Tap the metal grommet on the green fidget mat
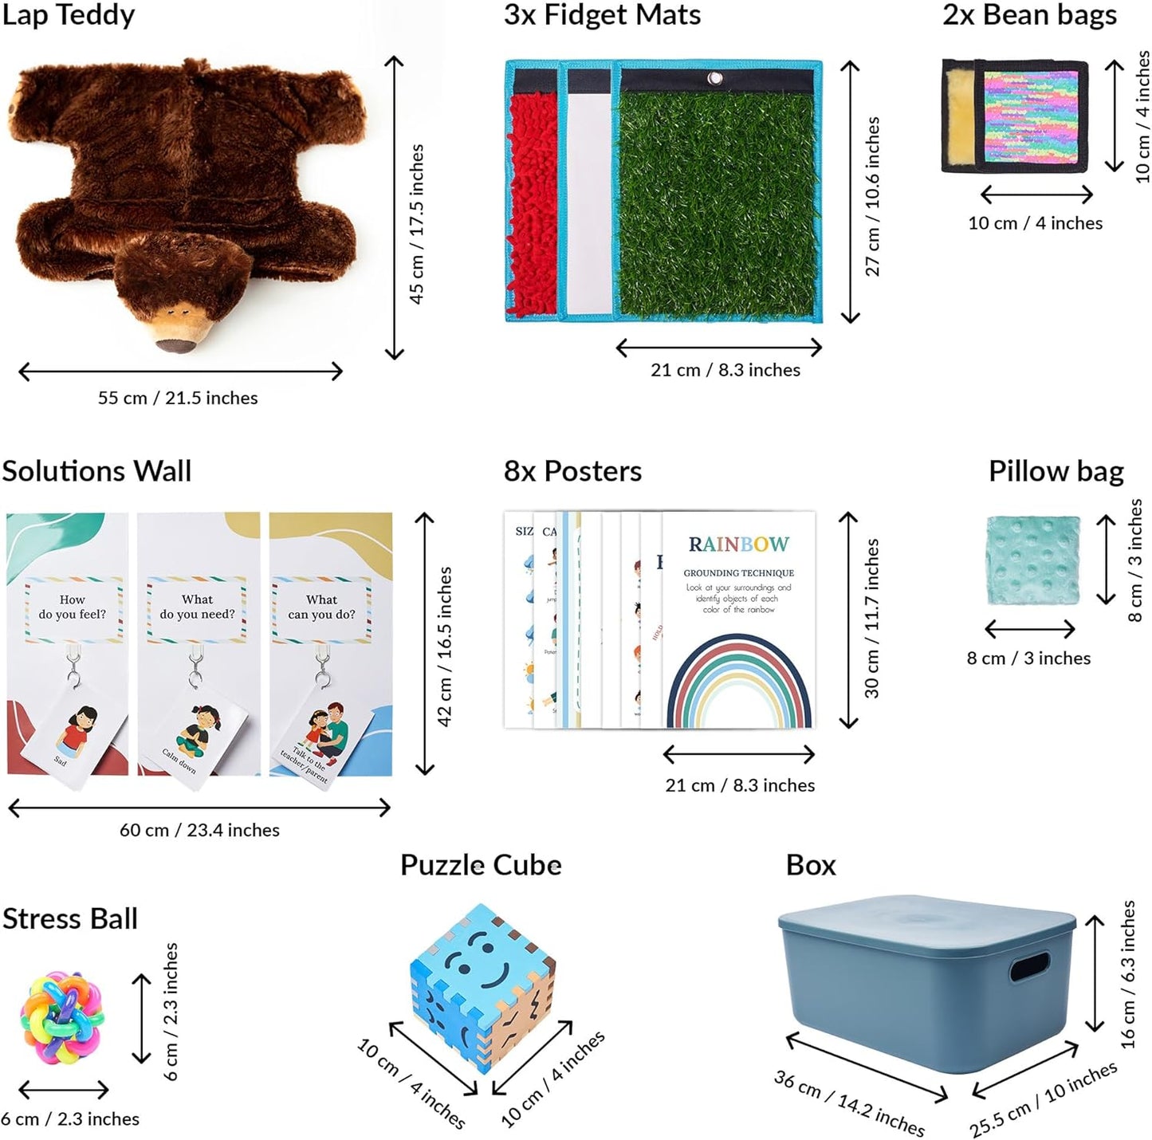tap(714, 78)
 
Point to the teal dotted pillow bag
tap(1033, 560)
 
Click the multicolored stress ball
tap(62, 1016)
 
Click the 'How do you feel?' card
tap(73, 607)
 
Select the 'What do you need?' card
tap(197, 607)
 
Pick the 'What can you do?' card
tap(322, 607)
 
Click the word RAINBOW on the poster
tap(738, 544)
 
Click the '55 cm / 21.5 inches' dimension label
tap(178, 398)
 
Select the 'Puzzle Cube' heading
tap(481, 865)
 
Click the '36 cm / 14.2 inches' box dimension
tap(849, 1103)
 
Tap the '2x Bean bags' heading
tap(1029, 15)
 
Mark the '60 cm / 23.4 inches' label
tap(199, 830)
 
